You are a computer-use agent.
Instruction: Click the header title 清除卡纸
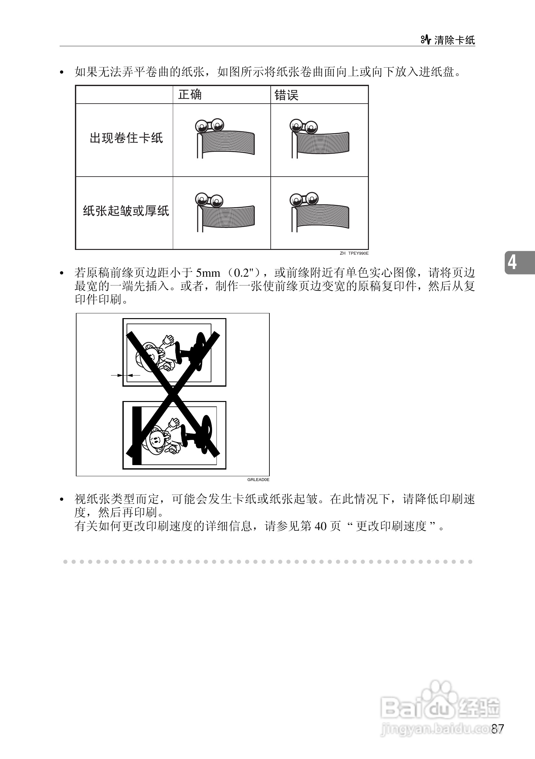pos(454,40)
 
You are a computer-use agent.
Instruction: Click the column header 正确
pos(190,95)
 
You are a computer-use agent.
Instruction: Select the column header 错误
pos(286,96)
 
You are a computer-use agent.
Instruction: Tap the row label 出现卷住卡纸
pos(126,138)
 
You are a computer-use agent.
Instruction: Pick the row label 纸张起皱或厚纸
pos(126,211)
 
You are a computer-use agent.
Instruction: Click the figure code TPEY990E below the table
pos(358,253)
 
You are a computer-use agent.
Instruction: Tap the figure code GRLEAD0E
pos(258,480)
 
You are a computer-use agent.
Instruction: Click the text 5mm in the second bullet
pos(208,273)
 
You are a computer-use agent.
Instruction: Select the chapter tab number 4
pos(512,262)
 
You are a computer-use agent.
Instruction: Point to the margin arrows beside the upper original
pos(125,375)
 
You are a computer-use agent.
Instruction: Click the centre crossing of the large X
pos(173,393)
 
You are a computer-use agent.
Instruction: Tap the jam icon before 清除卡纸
pos(426,40)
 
